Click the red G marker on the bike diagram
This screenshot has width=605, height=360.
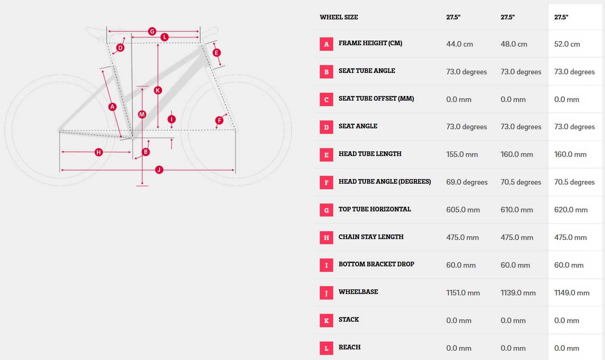pos(152,31)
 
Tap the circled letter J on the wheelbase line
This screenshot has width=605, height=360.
pos(159,169)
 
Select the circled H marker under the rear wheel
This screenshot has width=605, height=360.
pos(99,152)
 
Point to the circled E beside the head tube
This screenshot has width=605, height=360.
pos(216,53)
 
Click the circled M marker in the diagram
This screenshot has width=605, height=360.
pos(142,114)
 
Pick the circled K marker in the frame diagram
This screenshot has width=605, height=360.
pos(158,90)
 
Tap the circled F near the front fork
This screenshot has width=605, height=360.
pos(219,120)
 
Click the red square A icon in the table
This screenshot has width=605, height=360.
pos(326,44)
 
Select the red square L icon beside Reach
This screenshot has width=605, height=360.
pos(326,348)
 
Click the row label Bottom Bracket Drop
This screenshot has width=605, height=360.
pos(376,264)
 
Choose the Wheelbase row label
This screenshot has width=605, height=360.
pos(358,292)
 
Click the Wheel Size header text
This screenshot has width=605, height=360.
pos(339,17)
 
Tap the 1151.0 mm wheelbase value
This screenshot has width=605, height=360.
pos(463,293)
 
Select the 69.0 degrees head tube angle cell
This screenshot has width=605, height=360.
pos(467,182)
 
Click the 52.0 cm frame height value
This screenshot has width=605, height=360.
pos(567,44)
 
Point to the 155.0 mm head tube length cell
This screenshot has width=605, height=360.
pos(462,155)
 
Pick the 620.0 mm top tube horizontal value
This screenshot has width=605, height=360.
pos(571,210)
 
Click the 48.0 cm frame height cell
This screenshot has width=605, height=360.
pos(514,44)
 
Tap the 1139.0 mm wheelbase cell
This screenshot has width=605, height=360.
pos(518,293)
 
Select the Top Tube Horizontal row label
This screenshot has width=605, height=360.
pos(375,209)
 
